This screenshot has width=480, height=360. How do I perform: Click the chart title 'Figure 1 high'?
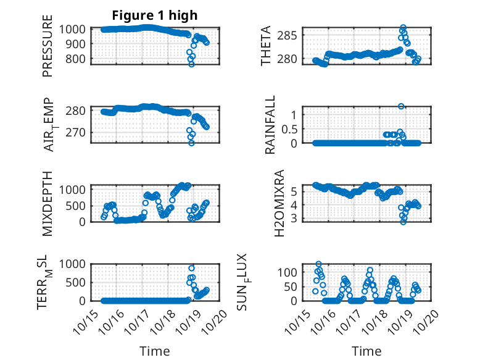tap(154, 15)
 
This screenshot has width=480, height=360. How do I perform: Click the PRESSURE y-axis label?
tap(48, 50)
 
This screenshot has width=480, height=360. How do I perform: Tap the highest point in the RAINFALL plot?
tap(401, 106)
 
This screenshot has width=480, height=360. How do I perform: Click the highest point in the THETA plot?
tap(403, 28)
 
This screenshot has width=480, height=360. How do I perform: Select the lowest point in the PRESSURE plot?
tap(191, 64)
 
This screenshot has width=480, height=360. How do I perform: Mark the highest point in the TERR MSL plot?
tap(192, 268)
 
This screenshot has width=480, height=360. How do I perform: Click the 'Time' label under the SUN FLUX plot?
tap(366, 351)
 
